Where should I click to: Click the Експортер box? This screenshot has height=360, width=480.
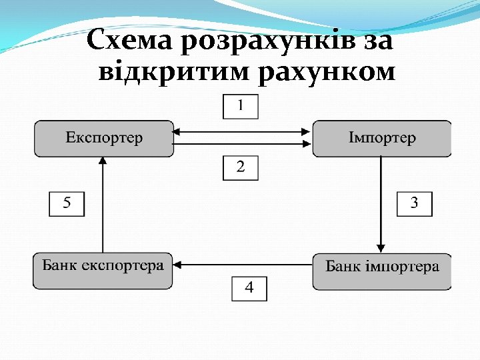click(x=104, y=139)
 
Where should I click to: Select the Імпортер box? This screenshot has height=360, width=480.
click(x=381, y=139)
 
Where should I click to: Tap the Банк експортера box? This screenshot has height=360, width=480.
click(x=103, y=271)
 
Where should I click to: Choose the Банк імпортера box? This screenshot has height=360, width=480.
click(x=381, y=271)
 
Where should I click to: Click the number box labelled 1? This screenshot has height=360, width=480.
click(x=240, y=106)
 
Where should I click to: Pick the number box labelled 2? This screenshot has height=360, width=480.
click(x=240, y=167)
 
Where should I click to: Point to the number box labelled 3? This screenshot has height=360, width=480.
click(x=414, y=203)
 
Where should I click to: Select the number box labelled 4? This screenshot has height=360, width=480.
click(x=249, y=288)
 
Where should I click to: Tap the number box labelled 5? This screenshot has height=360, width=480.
click(x=67, y=203)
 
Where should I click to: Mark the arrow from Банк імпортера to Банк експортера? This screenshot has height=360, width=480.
click(x=243, y=265)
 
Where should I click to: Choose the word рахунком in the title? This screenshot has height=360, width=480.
click(x=325, y=72)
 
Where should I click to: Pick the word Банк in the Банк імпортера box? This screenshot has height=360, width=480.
click(x=342, y=267)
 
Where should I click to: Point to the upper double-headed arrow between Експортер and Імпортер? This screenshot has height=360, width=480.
click(x=243, y=132)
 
